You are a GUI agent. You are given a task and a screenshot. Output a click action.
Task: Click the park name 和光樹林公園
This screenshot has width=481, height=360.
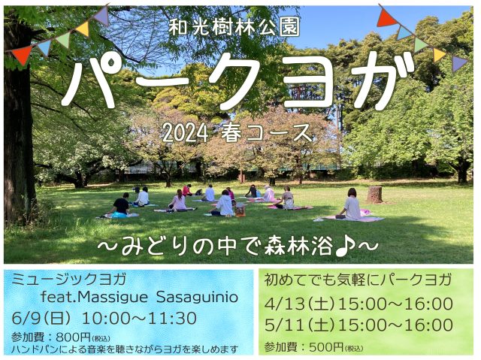(234, 29)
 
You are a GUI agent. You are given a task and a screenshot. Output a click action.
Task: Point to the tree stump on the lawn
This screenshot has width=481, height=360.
(374, 195)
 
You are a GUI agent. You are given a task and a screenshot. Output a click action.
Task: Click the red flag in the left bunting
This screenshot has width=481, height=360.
(22, 55)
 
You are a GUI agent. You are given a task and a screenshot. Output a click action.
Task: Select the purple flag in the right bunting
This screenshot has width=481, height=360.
(458, 62)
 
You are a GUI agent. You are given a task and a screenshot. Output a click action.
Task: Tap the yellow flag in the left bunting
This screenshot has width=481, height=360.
(83, 29)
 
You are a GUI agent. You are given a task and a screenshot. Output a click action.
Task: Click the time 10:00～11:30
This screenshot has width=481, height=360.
(140, 318)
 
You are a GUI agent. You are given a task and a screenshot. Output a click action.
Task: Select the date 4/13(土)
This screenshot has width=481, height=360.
(299, 304)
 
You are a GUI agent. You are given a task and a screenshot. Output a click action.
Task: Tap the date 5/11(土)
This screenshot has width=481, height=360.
(299, 325)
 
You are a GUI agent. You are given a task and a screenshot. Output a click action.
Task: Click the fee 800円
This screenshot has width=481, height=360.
(74, 337)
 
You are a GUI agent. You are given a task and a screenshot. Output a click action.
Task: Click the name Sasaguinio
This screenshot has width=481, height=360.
(197, 297)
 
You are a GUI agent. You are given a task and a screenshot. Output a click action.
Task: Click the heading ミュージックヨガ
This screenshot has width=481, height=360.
(68, 280)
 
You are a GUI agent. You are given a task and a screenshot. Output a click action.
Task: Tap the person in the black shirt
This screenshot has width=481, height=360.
(120, 204)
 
